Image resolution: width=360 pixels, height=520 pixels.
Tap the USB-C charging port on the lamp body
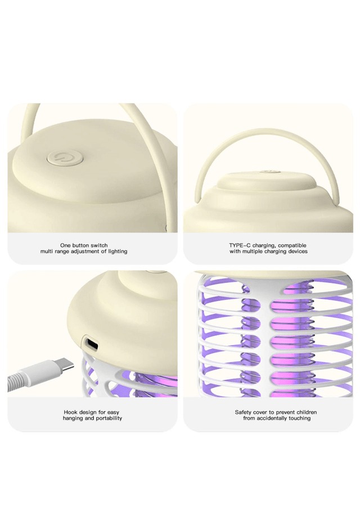(91, 343)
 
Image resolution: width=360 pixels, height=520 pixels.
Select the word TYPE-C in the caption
(240, 245)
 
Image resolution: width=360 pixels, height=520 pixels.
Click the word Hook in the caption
(70, 412)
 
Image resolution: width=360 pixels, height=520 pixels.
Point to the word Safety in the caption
(243, 413)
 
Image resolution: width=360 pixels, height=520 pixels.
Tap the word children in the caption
(307, 412)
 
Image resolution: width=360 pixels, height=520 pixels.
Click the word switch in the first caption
(99, 245)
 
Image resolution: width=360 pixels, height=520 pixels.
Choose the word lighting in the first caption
(118, 252)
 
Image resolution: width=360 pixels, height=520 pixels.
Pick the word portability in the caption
(109, 419)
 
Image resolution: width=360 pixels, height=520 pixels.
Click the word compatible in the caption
(292, 246)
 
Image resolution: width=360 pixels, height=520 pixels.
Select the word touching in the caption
(300, 419)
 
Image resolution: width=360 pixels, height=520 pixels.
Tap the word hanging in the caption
(73, 419)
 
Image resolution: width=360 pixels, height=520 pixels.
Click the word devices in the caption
(298, 252)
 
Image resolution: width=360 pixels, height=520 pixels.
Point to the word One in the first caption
(65, 245)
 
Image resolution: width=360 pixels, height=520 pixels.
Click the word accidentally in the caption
(272, 419)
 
